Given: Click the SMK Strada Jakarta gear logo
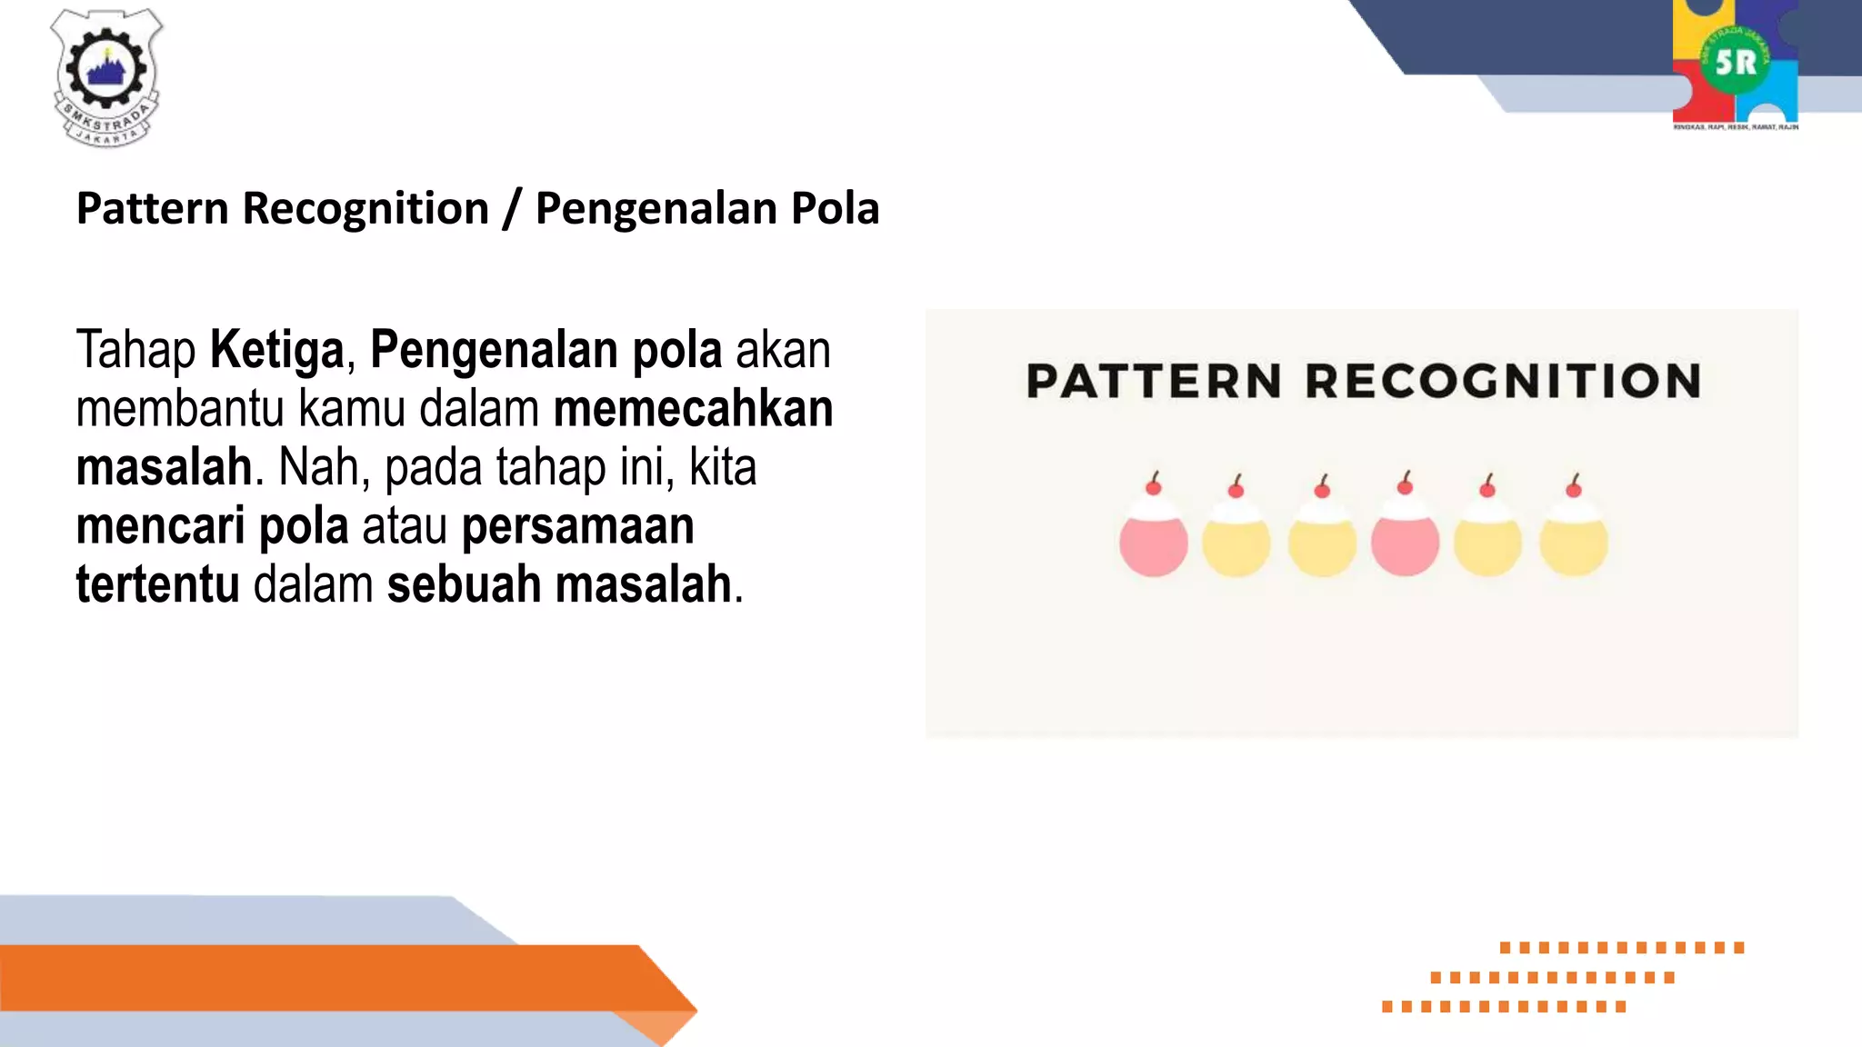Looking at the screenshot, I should coord(106,77).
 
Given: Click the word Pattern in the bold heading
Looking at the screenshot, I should coord(153,209).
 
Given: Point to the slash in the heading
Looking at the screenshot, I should coord(512,209).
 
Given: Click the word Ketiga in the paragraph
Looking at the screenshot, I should coord(277,350).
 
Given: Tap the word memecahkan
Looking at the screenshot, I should coord(693,409).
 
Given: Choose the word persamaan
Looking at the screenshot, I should coord(578,526).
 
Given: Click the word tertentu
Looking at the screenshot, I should coord(158,584).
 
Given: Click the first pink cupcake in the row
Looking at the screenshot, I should coord(1154,543).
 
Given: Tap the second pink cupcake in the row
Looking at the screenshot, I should coord(1405,543).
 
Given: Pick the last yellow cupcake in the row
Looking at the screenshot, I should coord(1574,543).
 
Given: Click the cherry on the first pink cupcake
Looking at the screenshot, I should coord(1154,487).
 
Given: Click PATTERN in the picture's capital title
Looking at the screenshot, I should coord(1154,381).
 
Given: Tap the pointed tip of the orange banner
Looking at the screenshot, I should coord(695,1009).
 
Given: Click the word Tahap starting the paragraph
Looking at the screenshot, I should coord(135,350).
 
